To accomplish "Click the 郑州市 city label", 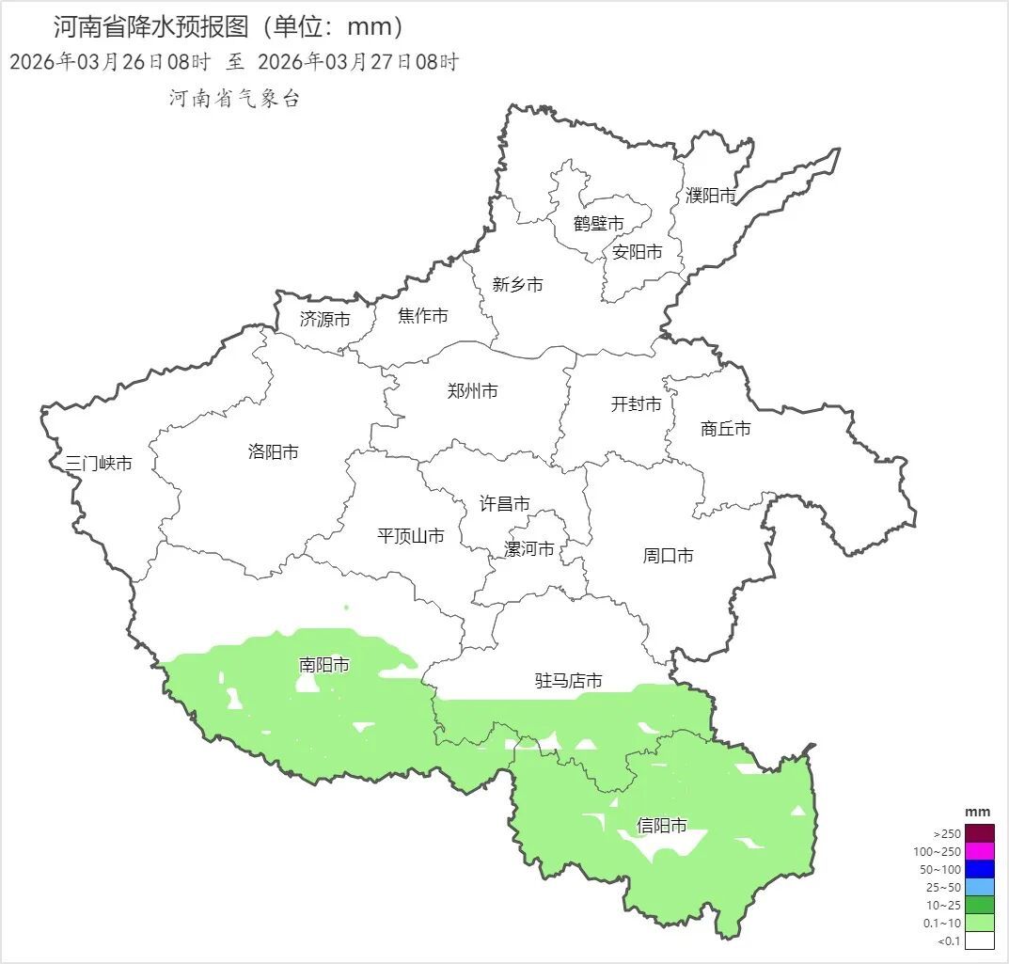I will point(472,391).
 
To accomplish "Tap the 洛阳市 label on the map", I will point(273,452).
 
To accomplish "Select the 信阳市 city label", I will point(661,827).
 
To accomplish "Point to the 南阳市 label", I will point(323,665).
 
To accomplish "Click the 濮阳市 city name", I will point(710,196).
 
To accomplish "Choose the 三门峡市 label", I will point(99,464).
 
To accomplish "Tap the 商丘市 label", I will point(726,429).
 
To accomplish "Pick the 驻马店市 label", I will point(568,681).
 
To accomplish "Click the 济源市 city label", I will point(324,320).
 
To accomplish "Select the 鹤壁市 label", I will point(598,224).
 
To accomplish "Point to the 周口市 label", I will point(668,556).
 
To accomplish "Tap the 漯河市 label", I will point(529,549).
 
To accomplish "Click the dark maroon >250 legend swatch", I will point(980,833).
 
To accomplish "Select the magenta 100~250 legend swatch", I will point(980,851).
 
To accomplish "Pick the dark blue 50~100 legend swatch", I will point(980,869).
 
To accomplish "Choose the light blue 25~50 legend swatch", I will point(980,887).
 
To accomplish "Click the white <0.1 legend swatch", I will point(980,940).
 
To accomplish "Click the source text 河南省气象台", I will point(234,99).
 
